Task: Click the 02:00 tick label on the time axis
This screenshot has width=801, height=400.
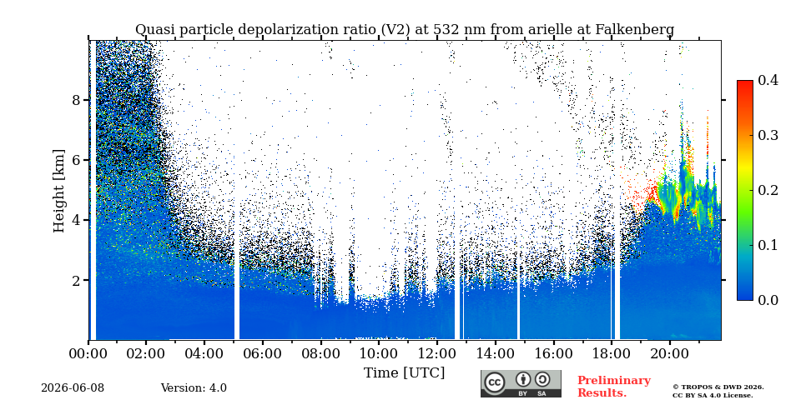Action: tap(145, 352)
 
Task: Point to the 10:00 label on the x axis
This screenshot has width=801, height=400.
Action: tap(378, 352)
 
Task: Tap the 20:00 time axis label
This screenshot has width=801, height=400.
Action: tap(669, 352)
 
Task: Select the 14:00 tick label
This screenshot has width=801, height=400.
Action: tap(495, 352)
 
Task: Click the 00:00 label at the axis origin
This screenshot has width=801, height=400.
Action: tap(88, 352)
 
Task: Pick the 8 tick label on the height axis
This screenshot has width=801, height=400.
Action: tap(76, 99)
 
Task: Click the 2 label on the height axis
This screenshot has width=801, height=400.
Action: tap(76, 280)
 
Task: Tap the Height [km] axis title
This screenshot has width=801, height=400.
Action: tap(59, 191)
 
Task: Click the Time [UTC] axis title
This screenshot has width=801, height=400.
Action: tap(404, 373)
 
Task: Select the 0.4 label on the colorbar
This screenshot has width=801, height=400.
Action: tap(768, 80)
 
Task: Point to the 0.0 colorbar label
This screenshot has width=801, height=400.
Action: tap(768, 300)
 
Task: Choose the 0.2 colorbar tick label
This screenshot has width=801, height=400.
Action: tap(768, 190)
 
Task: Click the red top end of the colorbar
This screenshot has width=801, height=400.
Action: tap(745, 82)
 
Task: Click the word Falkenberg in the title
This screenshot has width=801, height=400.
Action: tap(635, 30)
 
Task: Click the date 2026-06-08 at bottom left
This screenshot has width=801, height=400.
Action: tap(73, 388)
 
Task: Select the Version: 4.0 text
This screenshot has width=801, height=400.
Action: tap(194, 388)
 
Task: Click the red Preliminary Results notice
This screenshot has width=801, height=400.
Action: tap(614, 387)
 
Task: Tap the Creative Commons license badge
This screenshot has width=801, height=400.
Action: tap(521, 383)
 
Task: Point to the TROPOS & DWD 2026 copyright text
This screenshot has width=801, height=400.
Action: tap(718, 387)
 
